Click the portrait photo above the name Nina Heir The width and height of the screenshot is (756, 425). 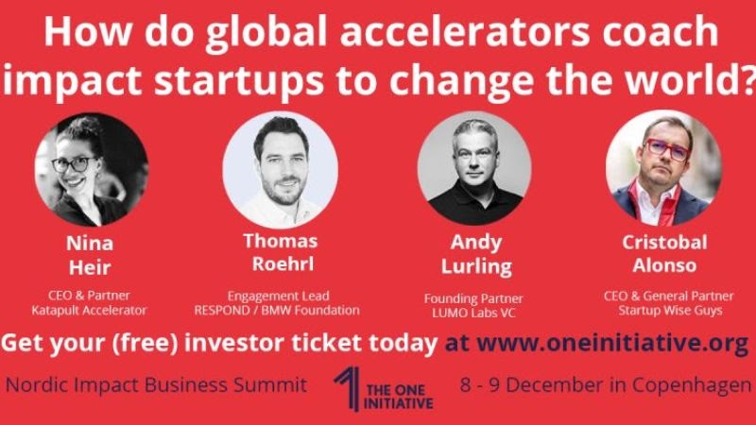click(92, 170)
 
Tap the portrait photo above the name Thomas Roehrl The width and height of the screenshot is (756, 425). click(280, 169)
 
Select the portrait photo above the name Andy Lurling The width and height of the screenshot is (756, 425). click(474, 168)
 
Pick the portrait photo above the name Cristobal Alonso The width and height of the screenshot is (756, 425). click(664, 168)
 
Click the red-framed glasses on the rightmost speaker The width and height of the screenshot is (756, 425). click(667, 149)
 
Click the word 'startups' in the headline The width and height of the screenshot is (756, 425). click(239, 80)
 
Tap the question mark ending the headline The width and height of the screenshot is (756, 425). click(747, 78)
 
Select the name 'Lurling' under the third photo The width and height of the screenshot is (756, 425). click(476, 266)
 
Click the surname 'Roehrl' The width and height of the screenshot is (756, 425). click(283, 264)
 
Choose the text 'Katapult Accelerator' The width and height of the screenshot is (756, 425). click(89, 311)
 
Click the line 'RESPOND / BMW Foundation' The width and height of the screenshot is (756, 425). click(277, 311)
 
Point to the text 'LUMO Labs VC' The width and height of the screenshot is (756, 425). click(473, 313)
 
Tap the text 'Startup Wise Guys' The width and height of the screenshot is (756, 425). click(670, 311)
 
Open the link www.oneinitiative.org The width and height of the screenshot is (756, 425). click(612, 343)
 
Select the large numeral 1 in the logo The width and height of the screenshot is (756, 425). click(348, 388)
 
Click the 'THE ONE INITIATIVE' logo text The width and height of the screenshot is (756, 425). click(398, 397)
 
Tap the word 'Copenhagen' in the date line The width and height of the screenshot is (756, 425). click(692, 386)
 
